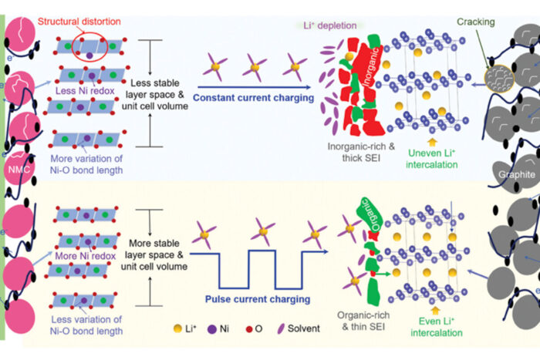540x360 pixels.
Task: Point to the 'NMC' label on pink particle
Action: click(16, 168)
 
